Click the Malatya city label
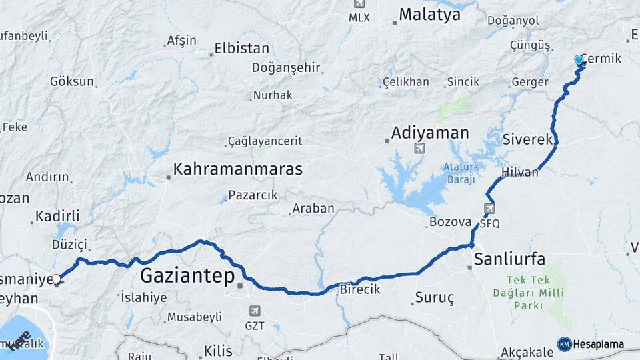430,15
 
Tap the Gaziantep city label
188,275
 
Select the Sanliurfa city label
510,259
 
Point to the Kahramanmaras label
238,169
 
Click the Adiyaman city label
430,133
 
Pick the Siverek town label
528,140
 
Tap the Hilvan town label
519,172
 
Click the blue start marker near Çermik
579,61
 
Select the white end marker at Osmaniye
57,279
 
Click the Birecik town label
360,289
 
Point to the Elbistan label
241,49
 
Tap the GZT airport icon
254,311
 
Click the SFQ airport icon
490,209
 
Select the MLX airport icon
359,4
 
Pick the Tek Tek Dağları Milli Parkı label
529,293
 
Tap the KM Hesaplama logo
591,344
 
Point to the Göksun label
71,81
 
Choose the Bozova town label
451,221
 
